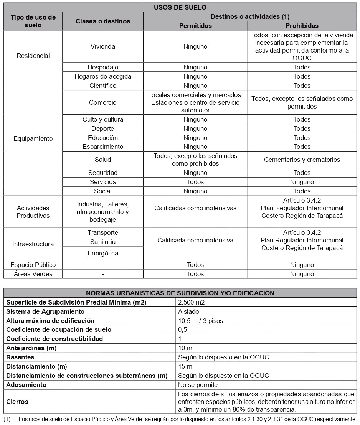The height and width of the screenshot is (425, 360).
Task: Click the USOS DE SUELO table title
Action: [x=180, y=7]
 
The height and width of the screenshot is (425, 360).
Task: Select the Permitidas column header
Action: [x=195, y=26]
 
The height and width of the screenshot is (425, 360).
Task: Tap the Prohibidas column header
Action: [x=302, y=26]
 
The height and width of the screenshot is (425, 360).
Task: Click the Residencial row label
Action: [x=33, y=56]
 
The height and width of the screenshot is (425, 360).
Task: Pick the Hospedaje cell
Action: [x=103, y=67]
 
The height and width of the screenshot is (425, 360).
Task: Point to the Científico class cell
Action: [x=103, y=86]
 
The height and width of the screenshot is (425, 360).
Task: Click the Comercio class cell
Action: [x=103, y=102]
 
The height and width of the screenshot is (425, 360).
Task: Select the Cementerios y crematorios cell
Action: [x=302, y=160]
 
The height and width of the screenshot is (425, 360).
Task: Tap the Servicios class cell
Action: [x=103, y=182]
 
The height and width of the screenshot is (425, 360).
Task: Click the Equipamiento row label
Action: [x=33, y=138]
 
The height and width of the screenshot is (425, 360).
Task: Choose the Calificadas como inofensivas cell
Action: [x=195, y=208]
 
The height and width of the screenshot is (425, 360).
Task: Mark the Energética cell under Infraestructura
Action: [x=103, y=253]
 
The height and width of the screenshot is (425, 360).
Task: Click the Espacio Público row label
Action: [x=33, y=265]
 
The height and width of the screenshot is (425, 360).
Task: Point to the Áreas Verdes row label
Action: [x=33, y=274]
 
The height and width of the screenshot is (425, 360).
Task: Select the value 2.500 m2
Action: [x=192, y=302]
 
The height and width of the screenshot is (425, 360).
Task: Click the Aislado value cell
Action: [x=188, y=311]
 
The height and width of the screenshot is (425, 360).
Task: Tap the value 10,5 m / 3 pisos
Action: [x=200, y=321]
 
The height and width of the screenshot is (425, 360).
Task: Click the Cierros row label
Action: [x=17, y=402]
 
